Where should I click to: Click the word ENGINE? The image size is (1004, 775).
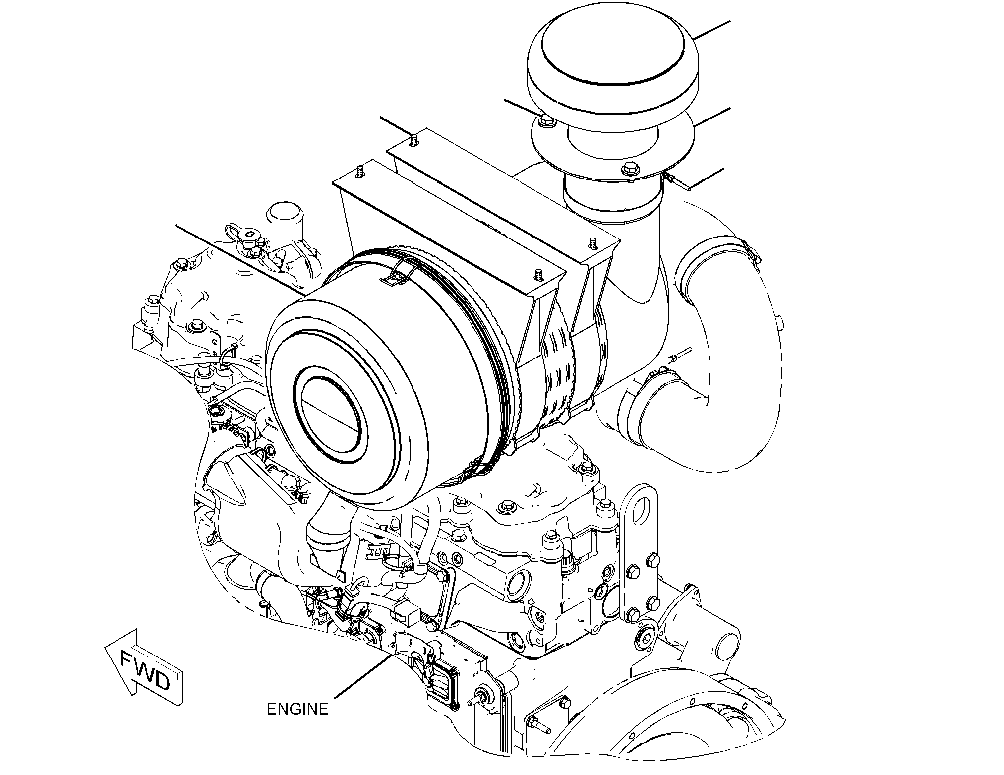coord(297,709)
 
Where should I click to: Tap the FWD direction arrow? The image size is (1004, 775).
coord(144,667)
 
